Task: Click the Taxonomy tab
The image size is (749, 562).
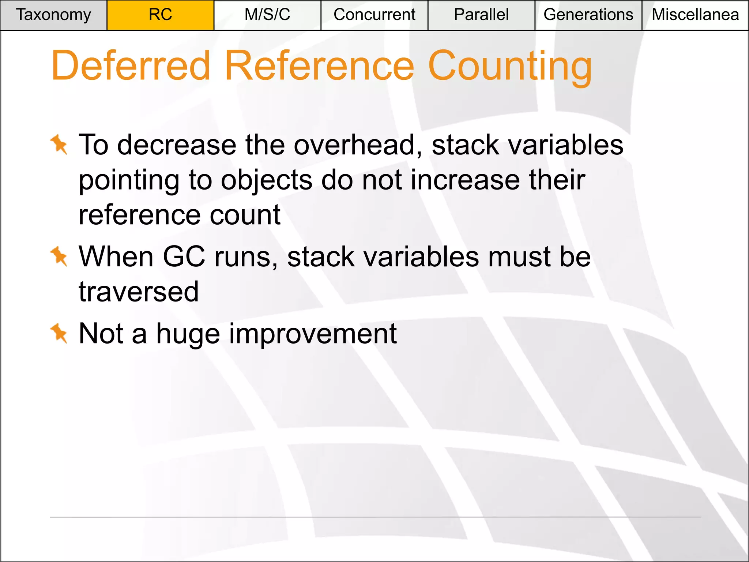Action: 53,15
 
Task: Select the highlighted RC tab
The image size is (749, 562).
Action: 160,15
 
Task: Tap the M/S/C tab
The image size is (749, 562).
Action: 267,15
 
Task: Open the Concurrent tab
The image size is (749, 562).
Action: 374,15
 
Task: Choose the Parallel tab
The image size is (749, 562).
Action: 481,15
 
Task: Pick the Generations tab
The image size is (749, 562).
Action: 588,15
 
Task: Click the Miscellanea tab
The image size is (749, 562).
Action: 695,15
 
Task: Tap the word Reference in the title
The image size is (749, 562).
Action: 319,66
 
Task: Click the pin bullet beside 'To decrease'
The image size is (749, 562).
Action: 59,144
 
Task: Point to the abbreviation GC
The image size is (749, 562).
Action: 184,256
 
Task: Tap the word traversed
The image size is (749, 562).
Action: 139,292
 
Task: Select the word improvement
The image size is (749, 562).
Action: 313,334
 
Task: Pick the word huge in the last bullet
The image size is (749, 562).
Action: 188,334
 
